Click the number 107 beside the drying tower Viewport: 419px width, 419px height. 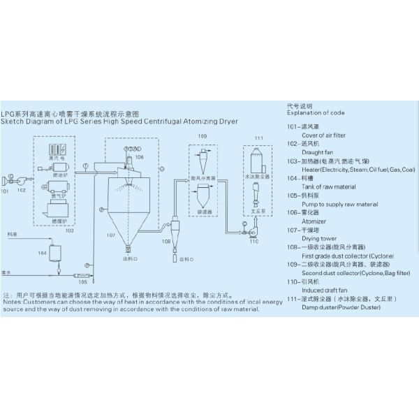pos(111,235)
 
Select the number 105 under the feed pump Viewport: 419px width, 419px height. pos(83,282)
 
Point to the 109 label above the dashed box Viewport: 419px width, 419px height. pos(203,135)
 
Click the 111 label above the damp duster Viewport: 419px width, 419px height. pos(258,138)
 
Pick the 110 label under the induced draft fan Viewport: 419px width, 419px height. pos(253,241)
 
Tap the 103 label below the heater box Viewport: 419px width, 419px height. pos(69,230)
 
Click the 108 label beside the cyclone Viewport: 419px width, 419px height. pos(166,240)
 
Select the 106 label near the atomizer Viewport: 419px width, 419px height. pos(140,158)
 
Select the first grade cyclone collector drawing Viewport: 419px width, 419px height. pos(175,231)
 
